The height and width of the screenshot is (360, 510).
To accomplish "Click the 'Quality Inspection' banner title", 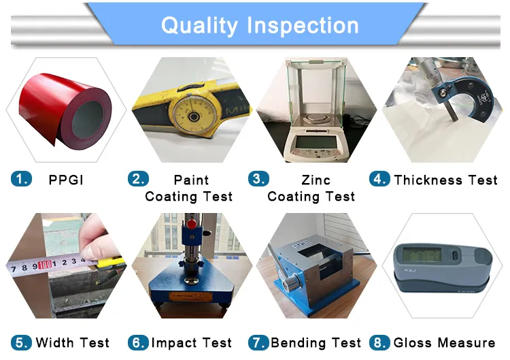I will click(x=260, y=26).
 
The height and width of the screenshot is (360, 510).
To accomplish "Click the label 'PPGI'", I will click(x=66, y=180).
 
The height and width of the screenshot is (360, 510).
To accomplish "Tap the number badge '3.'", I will click(x=258, y=180).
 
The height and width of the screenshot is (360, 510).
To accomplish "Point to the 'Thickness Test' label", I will click(x=445, y=180).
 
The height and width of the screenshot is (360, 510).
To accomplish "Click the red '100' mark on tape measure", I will click(x=46, y=263).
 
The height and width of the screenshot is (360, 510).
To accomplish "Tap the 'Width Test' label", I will click(x=72, y=342).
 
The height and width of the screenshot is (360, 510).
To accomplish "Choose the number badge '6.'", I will click(x=138, y=342).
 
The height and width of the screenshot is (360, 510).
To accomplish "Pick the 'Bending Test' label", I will click(x=316, y=342).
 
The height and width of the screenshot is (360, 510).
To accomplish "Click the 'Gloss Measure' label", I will click(x=445, y=342).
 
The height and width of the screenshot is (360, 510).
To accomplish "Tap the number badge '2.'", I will click(x=138, y=180).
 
